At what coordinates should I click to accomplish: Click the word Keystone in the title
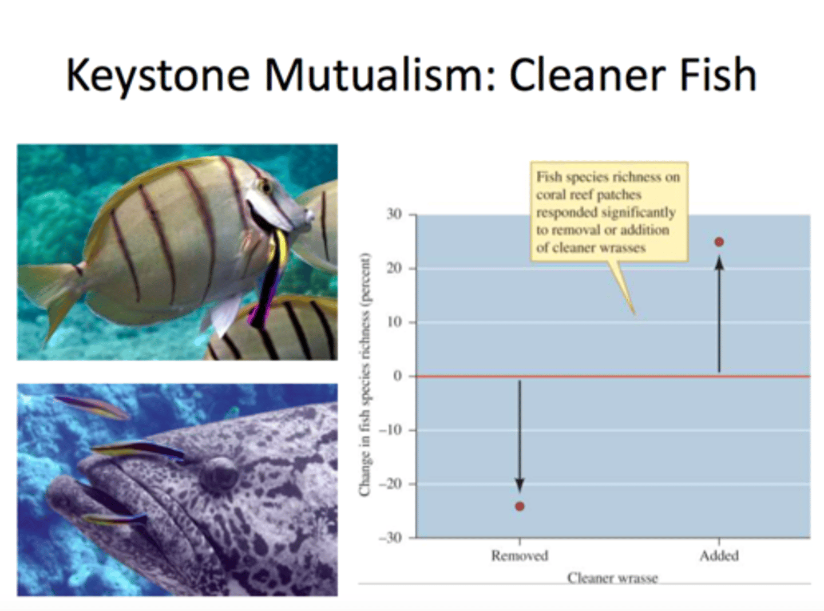(x=158, y=76)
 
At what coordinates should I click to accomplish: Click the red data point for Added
(x=719, y=242)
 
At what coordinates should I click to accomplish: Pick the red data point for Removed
(x=520, y=506)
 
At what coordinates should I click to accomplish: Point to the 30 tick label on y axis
(x=394, y=215)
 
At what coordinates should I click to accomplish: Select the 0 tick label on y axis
(x=398, y=376)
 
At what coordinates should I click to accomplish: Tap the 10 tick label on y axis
(x=394, y=322)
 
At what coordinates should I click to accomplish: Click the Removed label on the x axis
(x=520, y=556)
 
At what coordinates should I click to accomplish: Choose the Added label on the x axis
(x=719, y=556)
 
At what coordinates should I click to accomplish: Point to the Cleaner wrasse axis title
(x=612, y=578)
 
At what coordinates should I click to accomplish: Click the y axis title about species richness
(x=365, y=375)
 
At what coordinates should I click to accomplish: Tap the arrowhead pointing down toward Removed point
(x=520, y=484)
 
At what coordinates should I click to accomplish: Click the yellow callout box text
(x=608, y=212)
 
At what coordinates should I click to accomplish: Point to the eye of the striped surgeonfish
(x=265, y=187)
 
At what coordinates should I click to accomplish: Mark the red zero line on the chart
(x=612, y=376)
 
